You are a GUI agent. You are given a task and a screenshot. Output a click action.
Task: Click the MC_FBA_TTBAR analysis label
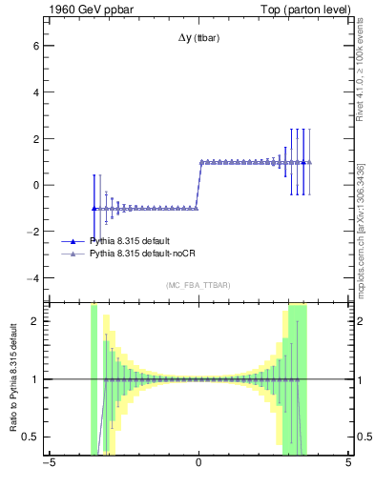click(x=198, y=286)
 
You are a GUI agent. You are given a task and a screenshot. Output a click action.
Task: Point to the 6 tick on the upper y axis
click(x=38, y=45)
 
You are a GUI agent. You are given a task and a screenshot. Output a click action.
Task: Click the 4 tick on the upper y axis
click(x=38, y=91)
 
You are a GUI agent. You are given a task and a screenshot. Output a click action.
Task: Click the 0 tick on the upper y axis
click(x=38, y=185)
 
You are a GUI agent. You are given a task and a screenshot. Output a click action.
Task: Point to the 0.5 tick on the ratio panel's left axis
click(x=33, y=437)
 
